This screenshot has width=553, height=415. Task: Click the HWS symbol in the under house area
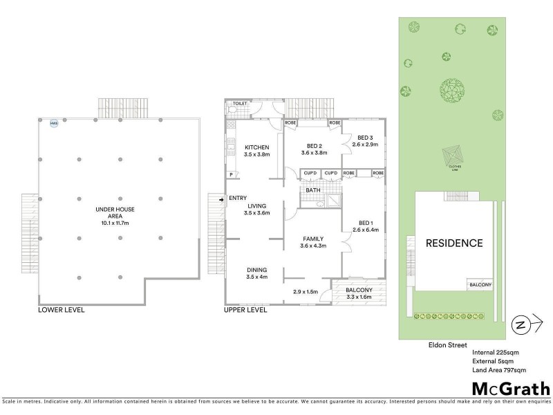[x=53, y=124]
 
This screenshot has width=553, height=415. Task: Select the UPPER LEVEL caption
[x=245, y=310]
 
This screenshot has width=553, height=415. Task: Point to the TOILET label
[x=240, y=104]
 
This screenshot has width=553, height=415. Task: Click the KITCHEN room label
[x=256, y=147]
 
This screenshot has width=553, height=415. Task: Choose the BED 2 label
[x=315, y=146]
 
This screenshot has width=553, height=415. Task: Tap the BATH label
[x=313, y=190]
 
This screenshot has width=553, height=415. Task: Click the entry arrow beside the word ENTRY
[x=221, y=200]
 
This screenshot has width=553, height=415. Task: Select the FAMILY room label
[x=313, y=239]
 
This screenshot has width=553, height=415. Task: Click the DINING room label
[x=256, y=270]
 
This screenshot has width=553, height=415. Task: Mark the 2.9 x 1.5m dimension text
[x=306, y=292]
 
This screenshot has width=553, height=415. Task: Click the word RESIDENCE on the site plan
[x=453, y=243]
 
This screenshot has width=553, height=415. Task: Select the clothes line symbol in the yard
[x=454, y=154]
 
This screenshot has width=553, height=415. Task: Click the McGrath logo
[x=510, y=388]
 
